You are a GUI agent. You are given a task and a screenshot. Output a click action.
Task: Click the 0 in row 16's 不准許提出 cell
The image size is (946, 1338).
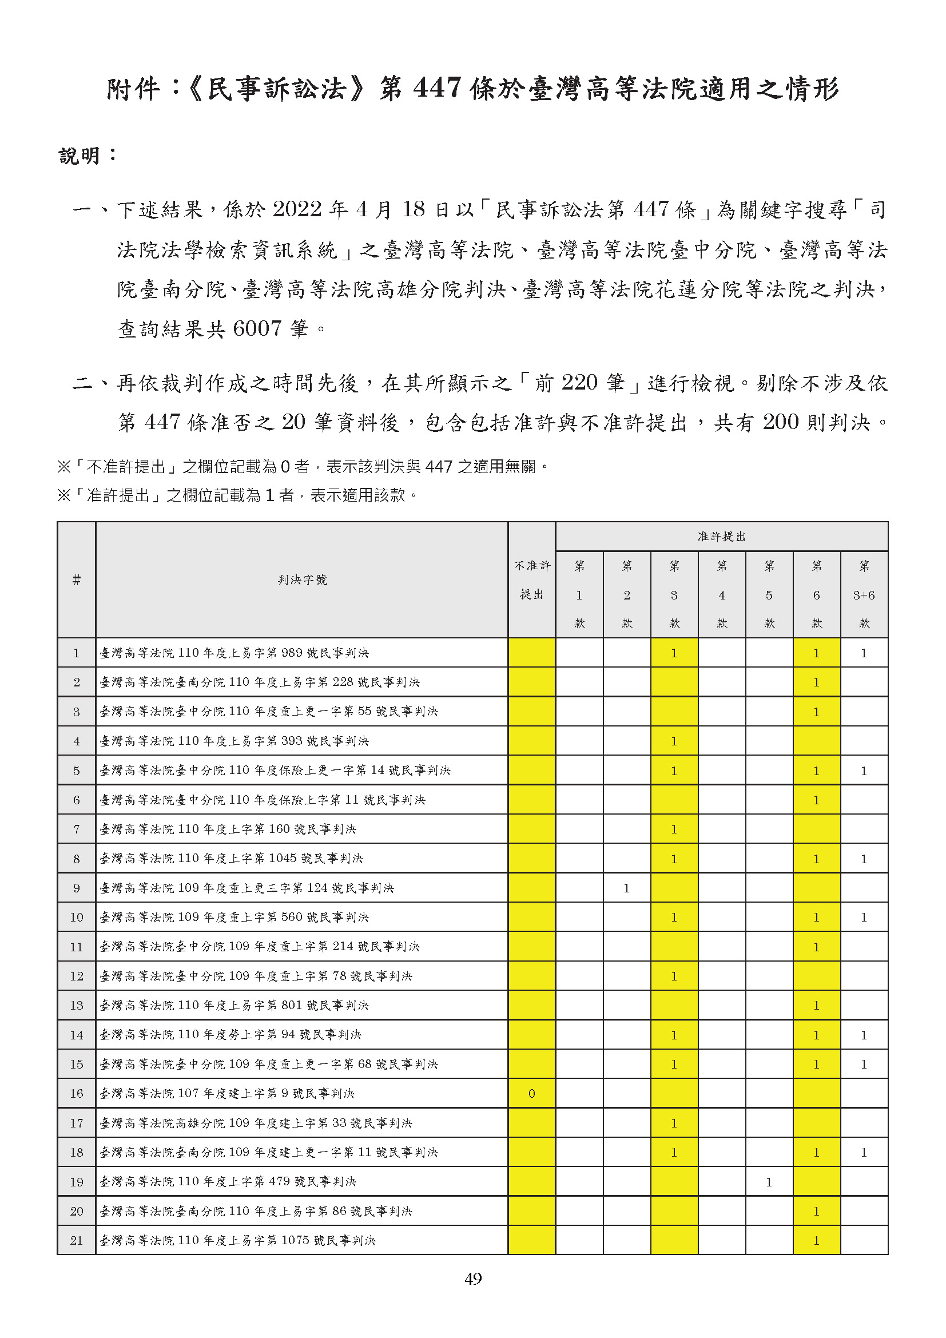tap(531, 1094)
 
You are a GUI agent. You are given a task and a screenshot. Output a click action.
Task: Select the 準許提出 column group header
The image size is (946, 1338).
tap(721, 537)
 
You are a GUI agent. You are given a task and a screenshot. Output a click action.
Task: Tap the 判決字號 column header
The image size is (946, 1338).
tap(302, 580)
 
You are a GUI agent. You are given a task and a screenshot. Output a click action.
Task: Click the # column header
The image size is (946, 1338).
tap(76, 580)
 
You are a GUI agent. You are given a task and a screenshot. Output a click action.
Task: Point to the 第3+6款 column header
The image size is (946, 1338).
tap(864, 594)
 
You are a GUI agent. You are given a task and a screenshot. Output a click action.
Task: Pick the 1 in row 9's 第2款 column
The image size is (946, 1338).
tap(626, 888)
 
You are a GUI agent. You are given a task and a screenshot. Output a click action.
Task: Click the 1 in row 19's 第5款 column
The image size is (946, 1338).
tap(769, 1182)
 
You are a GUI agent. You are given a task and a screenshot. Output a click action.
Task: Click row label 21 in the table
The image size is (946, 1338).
tap(76, 1241)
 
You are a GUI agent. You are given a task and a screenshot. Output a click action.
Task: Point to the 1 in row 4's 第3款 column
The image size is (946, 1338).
tap(674, 741)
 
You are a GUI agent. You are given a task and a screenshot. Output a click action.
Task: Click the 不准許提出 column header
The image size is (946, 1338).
tap(531, 580)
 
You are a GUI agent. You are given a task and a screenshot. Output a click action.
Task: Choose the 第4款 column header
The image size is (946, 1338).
tap(722, 594)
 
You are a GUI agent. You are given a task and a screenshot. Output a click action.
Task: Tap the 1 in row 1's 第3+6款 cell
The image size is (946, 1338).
tap(864, 653)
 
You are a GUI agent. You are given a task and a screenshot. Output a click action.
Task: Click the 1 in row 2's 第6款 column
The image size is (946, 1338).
tap(816, 682)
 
